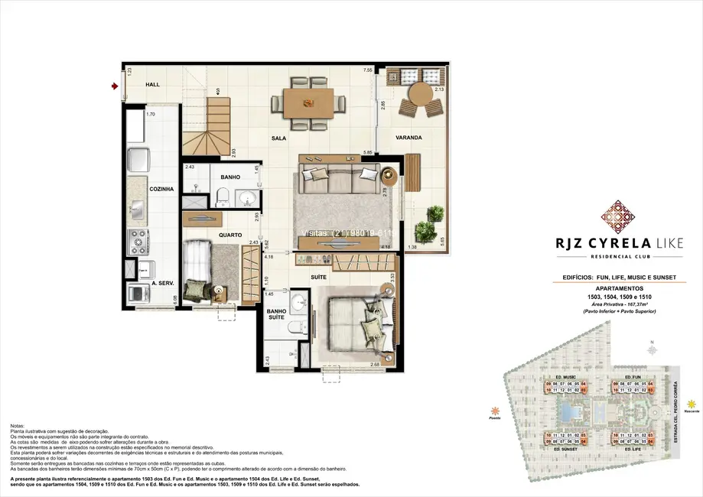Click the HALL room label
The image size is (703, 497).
coord(153,85)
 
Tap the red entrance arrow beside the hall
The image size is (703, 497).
coord(115,86)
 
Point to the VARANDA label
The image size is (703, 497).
coord(409,138)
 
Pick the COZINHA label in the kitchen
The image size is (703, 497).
coord(161,189)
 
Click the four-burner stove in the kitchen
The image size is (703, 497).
coord(139,242)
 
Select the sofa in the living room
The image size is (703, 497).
coord(330,180)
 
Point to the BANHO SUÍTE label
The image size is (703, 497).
coord(276,315)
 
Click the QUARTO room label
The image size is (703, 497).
coord(230,236)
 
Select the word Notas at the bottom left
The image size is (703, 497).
coord(19,425)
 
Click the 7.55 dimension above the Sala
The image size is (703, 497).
coord(368,70)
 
